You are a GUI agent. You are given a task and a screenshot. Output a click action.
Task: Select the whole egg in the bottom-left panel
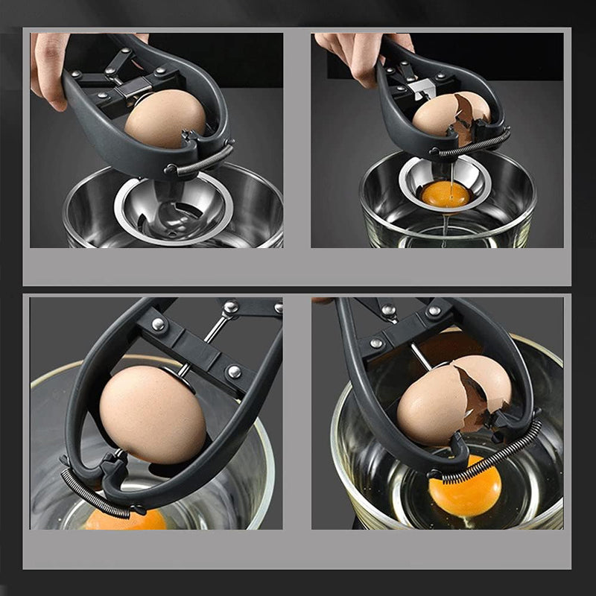(153, 413)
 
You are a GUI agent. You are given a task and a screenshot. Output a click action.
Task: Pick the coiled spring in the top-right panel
(473, 145)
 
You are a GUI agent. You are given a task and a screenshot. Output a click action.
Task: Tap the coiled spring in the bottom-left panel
(95, 494)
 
